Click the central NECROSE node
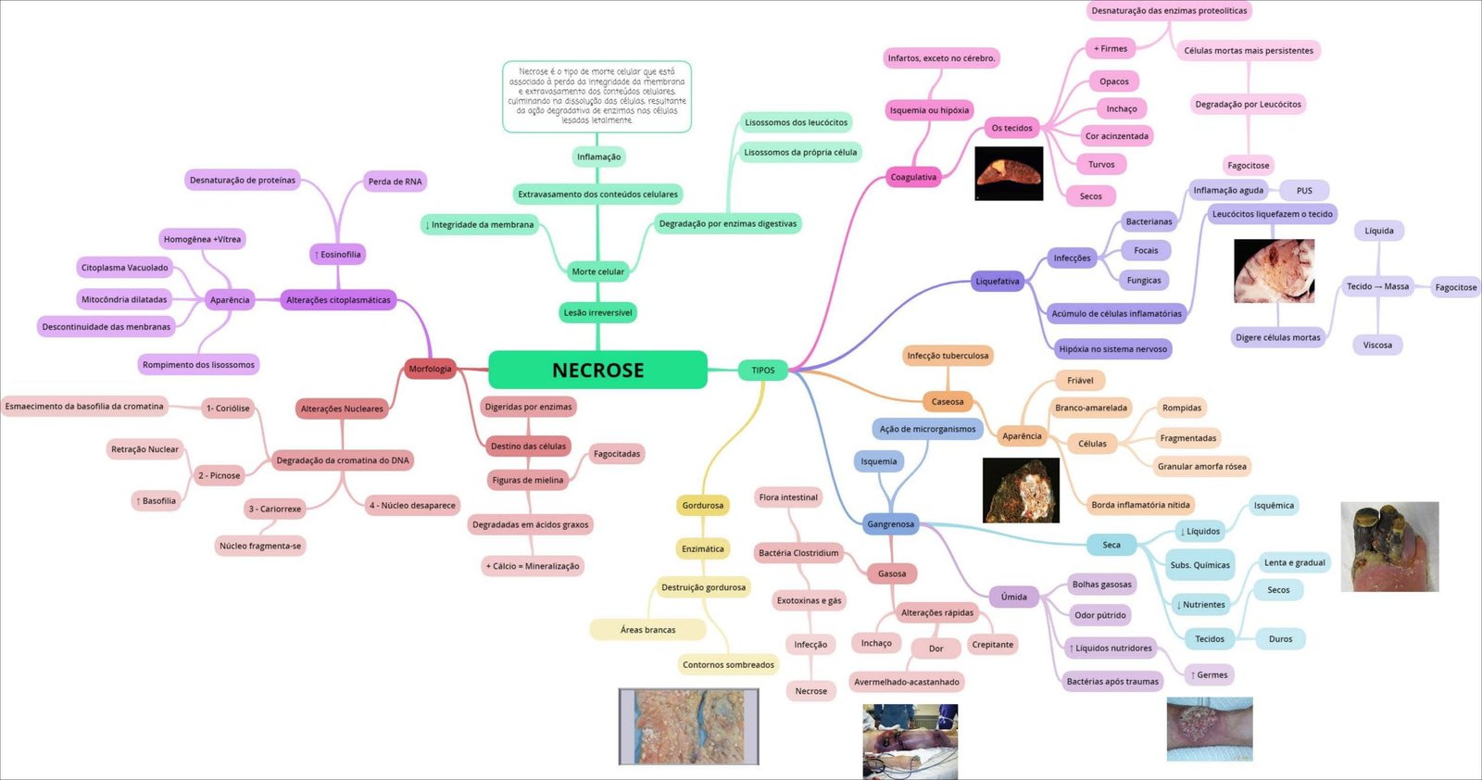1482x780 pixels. click(597, 370)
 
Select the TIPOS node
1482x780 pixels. click(762, 370)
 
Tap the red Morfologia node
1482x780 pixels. click(430, 369)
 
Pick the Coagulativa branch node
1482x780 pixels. click(913, 177)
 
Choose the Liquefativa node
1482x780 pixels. click(997, 281)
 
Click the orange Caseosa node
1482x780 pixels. click(947, 401)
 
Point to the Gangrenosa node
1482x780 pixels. click(890, 523)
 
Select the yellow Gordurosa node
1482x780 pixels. click(702, 505)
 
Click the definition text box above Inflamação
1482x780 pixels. click(597, 95)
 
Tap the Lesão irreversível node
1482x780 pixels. click(597, 312)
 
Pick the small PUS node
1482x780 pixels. click(1303, 190)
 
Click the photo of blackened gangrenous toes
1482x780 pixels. click(1389, 547)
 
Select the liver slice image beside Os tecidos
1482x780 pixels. click(1009, 173)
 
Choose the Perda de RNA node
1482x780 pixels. click(395, 182)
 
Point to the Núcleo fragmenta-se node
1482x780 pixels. click(260, 546)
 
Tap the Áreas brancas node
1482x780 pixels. click(647, 630)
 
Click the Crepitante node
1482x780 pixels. click(992, 644)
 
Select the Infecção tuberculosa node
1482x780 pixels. click(948, 356)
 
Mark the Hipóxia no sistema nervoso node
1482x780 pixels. click(1112, 349)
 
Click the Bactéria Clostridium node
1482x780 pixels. click(798, 553)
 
